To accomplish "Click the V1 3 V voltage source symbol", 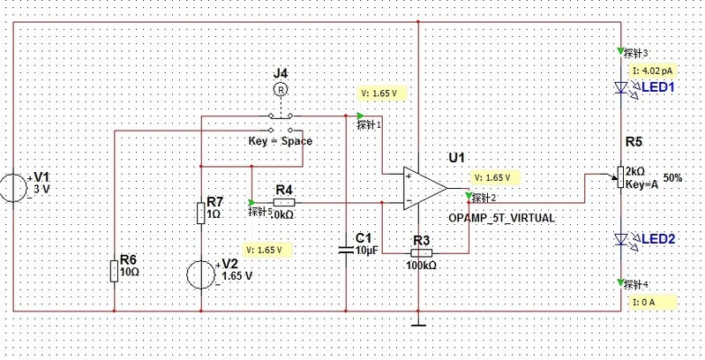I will pyautogui.click(x=15, y=188).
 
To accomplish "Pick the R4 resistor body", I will pyautogui.click(x=284, y=201).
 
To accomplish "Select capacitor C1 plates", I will pyautogui.click(x=347, y=250).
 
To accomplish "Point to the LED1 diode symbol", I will pyautogui.click(x=621, y=87).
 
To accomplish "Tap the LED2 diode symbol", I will pyautogui.click(x=621, y=239).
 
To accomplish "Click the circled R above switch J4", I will pyautogui.click(x=280, y=90).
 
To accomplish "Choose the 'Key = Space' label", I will pyautogui.click(x=281, y=141).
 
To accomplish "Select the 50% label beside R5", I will pyautogui.click(x=673, y=177).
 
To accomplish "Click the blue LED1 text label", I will pyautogui.click(x=657, y=87).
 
